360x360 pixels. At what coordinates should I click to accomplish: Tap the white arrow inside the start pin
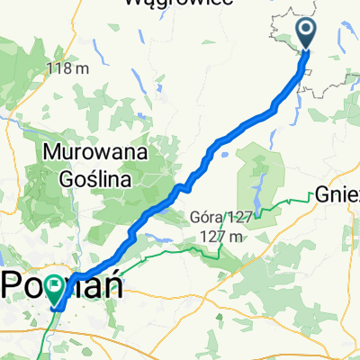pyautogui.click(x=306, y=32)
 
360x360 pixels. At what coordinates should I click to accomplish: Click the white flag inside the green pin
pyautogui.click(x=56, y=287)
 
